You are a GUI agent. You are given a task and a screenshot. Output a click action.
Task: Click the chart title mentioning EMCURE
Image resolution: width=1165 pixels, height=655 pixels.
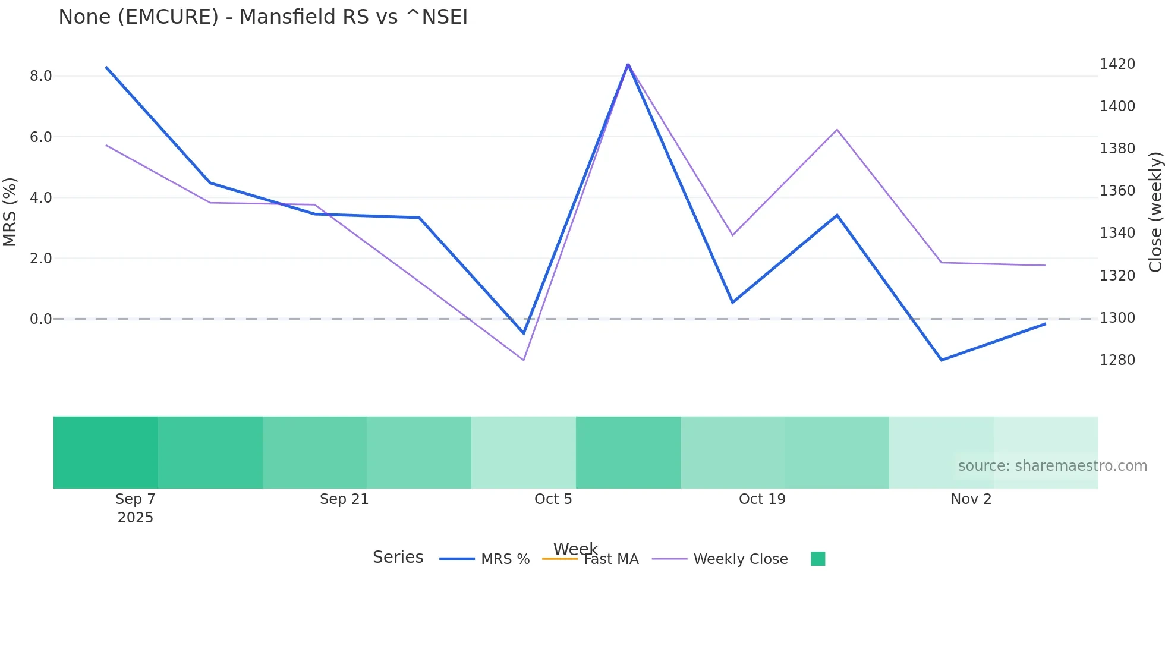coord(263,17)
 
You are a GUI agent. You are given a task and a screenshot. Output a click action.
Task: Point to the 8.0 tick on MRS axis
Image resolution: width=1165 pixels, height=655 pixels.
coord(40,76)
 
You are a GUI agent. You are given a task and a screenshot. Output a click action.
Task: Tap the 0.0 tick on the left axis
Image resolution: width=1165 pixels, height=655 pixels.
coord(40,319)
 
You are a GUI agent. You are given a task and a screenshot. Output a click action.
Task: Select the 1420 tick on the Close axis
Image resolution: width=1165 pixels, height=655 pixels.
coord(1117,64)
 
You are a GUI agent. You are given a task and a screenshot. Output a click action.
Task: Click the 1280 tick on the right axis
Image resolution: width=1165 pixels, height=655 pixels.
coord(1117,360)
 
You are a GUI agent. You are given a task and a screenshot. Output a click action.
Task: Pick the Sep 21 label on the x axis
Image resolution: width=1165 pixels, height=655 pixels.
coord(344,499)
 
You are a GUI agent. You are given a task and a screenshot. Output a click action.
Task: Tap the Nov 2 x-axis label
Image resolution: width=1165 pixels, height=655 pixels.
coord(971,499)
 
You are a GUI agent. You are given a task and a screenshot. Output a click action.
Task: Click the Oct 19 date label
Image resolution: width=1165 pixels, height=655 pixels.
coord(762,499)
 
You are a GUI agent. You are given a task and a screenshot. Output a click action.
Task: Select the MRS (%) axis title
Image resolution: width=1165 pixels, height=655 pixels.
coord(10,212)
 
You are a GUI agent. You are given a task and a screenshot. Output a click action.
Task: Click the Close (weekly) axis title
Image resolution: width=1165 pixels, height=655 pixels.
coord(1155,212)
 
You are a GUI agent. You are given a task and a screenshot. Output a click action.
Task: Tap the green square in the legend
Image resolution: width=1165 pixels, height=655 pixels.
coord(818,559)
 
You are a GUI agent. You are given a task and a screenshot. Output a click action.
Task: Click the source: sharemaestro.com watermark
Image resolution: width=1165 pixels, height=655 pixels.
coord(1052,466)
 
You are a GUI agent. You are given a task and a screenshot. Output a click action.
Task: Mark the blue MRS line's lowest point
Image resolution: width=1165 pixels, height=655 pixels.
coord(942,360)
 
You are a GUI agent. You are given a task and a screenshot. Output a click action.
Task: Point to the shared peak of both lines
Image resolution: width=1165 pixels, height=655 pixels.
coord(628,64)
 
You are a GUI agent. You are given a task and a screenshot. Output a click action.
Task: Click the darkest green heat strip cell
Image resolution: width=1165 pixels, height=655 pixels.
coord(106,452)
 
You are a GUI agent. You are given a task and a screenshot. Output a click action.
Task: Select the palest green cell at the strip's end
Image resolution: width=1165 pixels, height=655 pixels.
coord(1046,440)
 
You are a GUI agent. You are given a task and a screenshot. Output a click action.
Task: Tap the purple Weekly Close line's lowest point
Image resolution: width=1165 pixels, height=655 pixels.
coord(524,360)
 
